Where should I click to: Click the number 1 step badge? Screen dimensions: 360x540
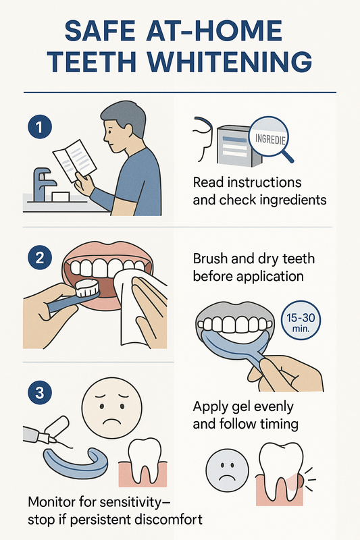pos(40,127)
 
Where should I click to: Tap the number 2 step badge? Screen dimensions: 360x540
pos(40,257)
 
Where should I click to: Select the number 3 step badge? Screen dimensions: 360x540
pos(40,392)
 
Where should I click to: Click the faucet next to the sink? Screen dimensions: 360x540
pos(43,184)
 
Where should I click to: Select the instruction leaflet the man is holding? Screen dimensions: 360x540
pos(75,161)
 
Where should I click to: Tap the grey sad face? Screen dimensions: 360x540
pos(227,470)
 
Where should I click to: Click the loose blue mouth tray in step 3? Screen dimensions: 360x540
pos(76,463)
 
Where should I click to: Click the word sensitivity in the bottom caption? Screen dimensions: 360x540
pos(131,502)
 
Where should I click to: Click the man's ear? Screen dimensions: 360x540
pos(128,132)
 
